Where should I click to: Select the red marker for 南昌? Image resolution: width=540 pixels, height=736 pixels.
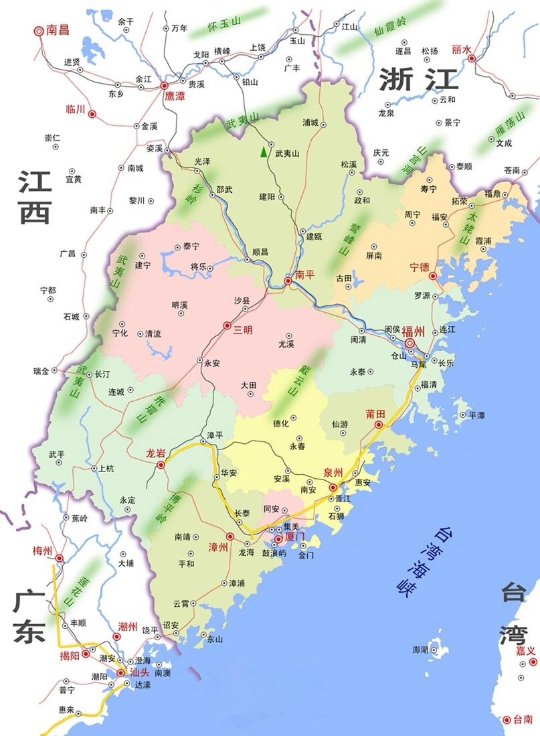(39, 30)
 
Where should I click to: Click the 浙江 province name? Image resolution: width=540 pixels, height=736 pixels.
(418, 80)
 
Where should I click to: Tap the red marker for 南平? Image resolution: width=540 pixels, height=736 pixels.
(288, 282)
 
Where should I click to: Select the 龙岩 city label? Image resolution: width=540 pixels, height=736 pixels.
(156, 453)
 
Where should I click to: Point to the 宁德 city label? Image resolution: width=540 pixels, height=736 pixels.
(419, 267)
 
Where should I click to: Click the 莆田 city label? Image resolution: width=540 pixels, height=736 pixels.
(375, 413)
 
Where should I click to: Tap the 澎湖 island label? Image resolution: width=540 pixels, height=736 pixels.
(420, 650)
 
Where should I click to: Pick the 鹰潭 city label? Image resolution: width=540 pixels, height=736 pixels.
(175, 96)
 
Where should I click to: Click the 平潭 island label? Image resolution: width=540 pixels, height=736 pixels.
(476, 415)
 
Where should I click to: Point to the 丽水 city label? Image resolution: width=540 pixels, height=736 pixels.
(462, 49)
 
